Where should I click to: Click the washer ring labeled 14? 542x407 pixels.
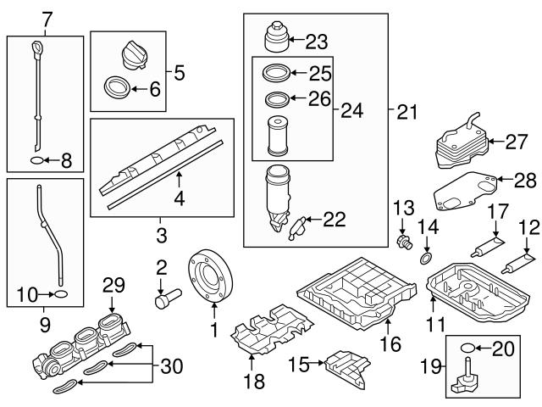pos(427,258)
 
